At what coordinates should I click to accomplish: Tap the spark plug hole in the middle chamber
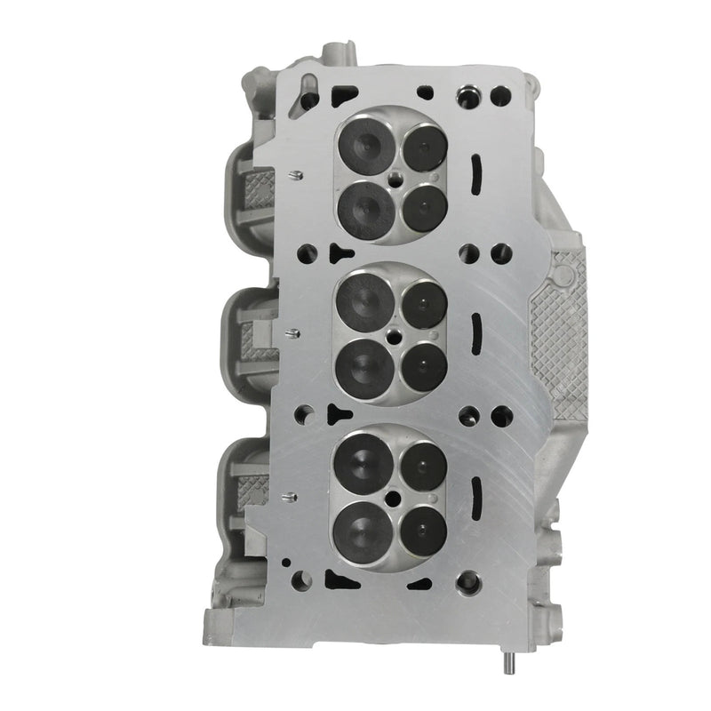[394, 336]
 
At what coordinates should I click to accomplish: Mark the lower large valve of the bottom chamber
[364, 531]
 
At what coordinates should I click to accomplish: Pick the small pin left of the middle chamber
[290, 334]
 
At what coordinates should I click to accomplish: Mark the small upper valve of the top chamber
[424, 147]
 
